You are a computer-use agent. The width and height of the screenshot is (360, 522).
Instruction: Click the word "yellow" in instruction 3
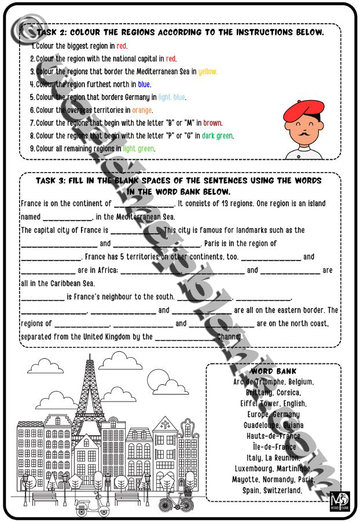208,72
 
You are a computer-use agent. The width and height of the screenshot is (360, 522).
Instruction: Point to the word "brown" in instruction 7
212,123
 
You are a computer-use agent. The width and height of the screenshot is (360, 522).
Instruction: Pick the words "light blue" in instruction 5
172,97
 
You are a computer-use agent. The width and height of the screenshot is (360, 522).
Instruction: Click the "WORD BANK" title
274,371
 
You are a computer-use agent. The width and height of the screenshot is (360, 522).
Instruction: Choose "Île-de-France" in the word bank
274,447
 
